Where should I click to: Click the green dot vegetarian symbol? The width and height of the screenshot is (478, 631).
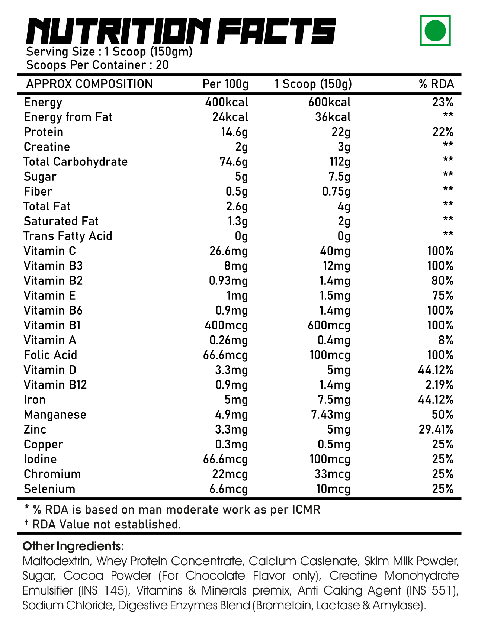point(435,30)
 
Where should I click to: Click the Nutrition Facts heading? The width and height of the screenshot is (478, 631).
point(181,31)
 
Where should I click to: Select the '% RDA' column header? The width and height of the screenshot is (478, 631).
point(436,84)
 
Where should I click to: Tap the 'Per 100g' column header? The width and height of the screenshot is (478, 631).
point(225,84)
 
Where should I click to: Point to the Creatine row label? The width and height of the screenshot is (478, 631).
point(47,147)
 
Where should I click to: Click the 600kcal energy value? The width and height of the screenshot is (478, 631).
point(330,102)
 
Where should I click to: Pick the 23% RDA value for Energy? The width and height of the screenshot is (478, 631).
point(443,102)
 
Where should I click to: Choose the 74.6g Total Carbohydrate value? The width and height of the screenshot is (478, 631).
point(234,162)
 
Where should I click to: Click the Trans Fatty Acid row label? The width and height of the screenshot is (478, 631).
point(68,236)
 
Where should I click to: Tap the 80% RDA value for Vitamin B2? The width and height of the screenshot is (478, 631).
point(442,281)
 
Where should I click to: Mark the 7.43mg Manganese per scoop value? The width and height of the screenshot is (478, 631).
point(331,415)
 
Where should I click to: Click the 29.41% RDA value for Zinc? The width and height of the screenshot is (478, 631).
point(436,429)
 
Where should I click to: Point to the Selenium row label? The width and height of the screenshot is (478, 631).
point(49,489)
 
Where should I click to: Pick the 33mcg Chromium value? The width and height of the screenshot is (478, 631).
point(333,474)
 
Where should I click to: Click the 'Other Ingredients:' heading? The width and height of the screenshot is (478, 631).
point(73,547)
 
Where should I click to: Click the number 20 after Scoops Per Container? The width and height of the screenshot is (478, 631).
point(162,65)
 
